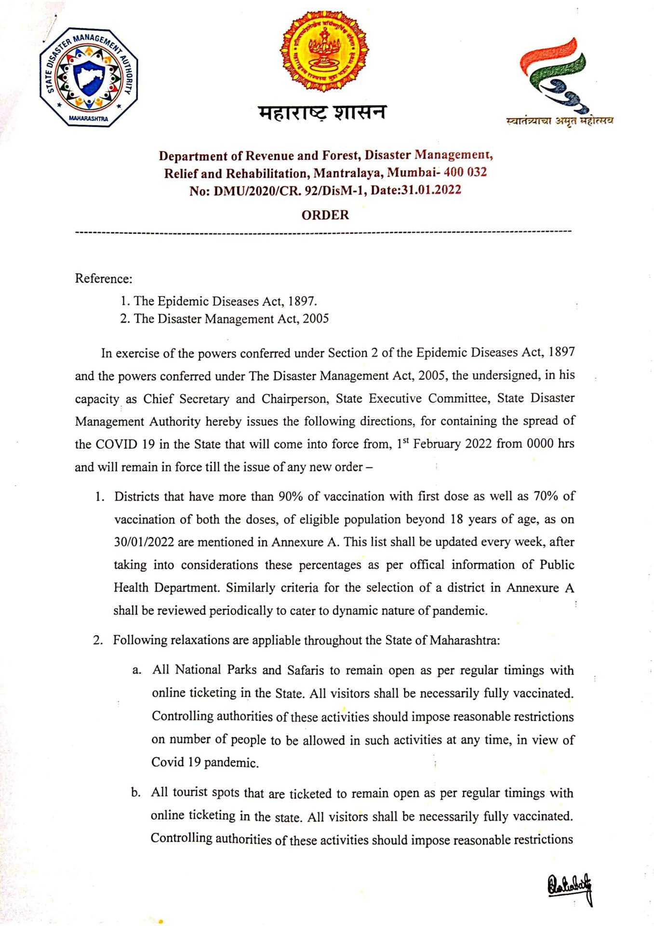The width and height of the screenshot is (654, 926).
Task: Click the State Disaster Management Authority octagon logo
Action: (x=89, y=77)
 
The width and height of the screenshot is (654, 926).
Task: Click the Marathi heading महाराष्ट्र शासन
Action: (x=322, y=112)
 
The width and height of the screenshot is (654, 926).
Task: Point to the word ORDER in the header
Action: (x=325, y=215)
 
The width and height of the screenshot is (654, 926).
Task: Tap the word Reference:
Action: (x=104, y=279)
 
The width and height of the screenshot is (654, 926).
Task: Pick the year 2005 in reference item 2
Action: (x=316, y=319)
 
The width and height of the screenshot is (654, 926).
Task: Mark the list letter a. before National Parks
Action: (x=137, y=670)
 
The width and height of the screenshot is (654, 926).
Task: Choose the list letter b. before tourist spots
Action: (x=136, y=793)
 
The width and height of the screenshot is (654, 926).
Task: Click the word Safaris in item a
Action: (x=306, y=670)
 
